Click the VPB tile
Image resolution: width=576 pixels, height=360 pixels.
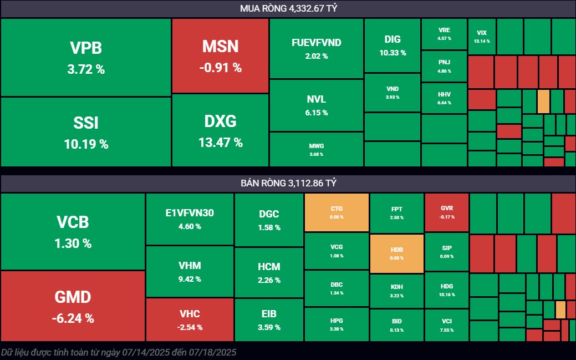coord(85,58)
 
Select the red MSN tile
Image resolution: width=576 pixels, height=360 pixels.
coord(220,56)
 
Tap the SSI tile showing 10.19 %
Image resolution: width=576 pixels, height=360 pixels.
coord(85,132)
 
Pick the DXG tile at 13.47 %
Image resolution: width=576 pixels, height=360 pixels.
coord(220,130)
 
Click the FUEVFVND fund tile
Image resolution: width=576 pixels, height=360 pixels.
coord(317,49)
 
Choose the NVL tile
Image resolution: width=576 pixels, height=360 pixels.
coord(317,105)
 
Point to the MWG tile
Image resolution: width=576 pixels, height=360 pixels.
coord(317,149)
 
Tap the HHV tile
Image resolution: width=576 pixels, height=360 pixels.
coord(444,98)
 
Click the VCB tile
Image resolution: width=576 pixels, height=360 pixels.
coord(73,232)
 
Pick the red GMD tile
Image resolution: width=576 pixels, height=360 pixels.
coord(73,306)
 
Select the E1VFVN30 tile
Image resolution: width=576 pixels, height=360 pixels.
coord(190,219)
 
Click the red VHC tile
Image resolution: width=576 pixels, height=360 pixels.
coord(190,320)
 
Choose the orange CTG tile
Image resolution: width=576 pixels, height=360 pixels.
coord(337,212)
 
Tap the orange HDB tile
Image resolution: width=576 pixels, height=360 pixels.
coord(396,253)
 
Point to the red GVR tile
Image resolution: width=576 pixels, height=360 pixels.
coord(447,212)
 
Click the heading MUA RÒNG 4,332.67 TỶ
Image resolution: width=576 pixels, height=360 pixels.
coord(288,8)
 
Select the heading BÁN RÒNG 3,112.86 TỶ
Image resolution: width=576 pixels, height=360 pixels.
coord(288,183)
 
